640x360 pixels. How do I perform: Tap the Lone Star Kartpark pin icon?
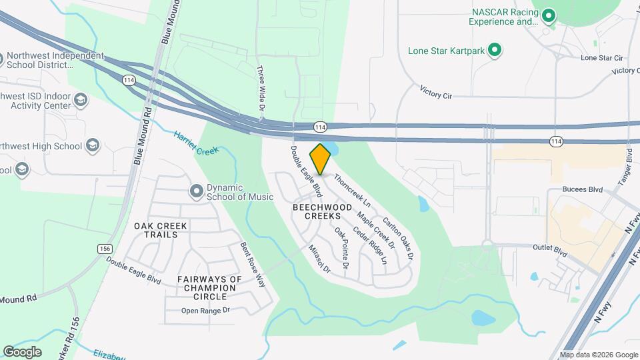(x=495, y=50)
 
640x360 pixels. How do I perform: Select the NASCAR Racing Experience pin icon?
(x=548, y=15)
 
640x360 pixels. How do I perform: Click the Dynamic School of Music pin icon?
(x=196, y=192)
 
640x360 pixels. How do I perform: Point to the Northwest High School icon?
(x=92, y=146)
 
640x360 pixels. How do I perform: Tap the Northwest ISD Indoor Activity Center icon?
(x=81, y=100)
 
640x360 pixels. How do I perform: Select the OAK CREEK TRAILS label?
(x=161, y=230)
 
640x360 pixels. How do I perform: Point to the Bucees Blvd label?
(x=582, y=190)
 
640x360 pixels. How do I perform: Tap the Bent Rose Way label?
(x=253, y=265)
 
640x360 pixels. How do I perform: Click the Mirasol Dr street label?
(x=319, y=257)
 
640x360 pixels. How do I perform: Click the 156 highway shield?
(x=104, y=249)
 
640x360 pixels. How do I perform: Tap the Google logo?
(x=22, y=351)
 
